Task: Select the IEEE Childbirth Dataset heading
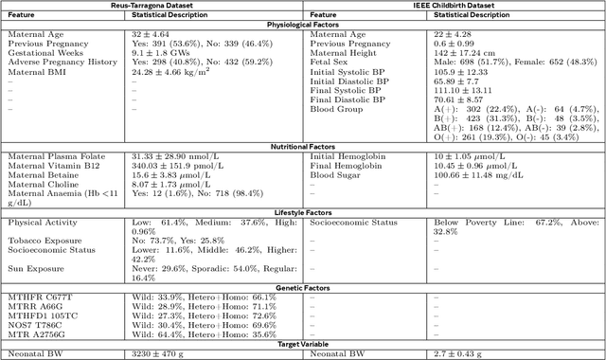[x=454, y=6]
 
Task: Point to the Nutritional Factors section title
[x=303, y=148]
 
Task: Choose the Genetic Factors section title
[x=303, y=286]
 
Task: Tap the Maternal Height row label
[x=344, y=54]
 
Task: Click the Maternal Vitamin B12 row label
[x=53, y=166]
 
